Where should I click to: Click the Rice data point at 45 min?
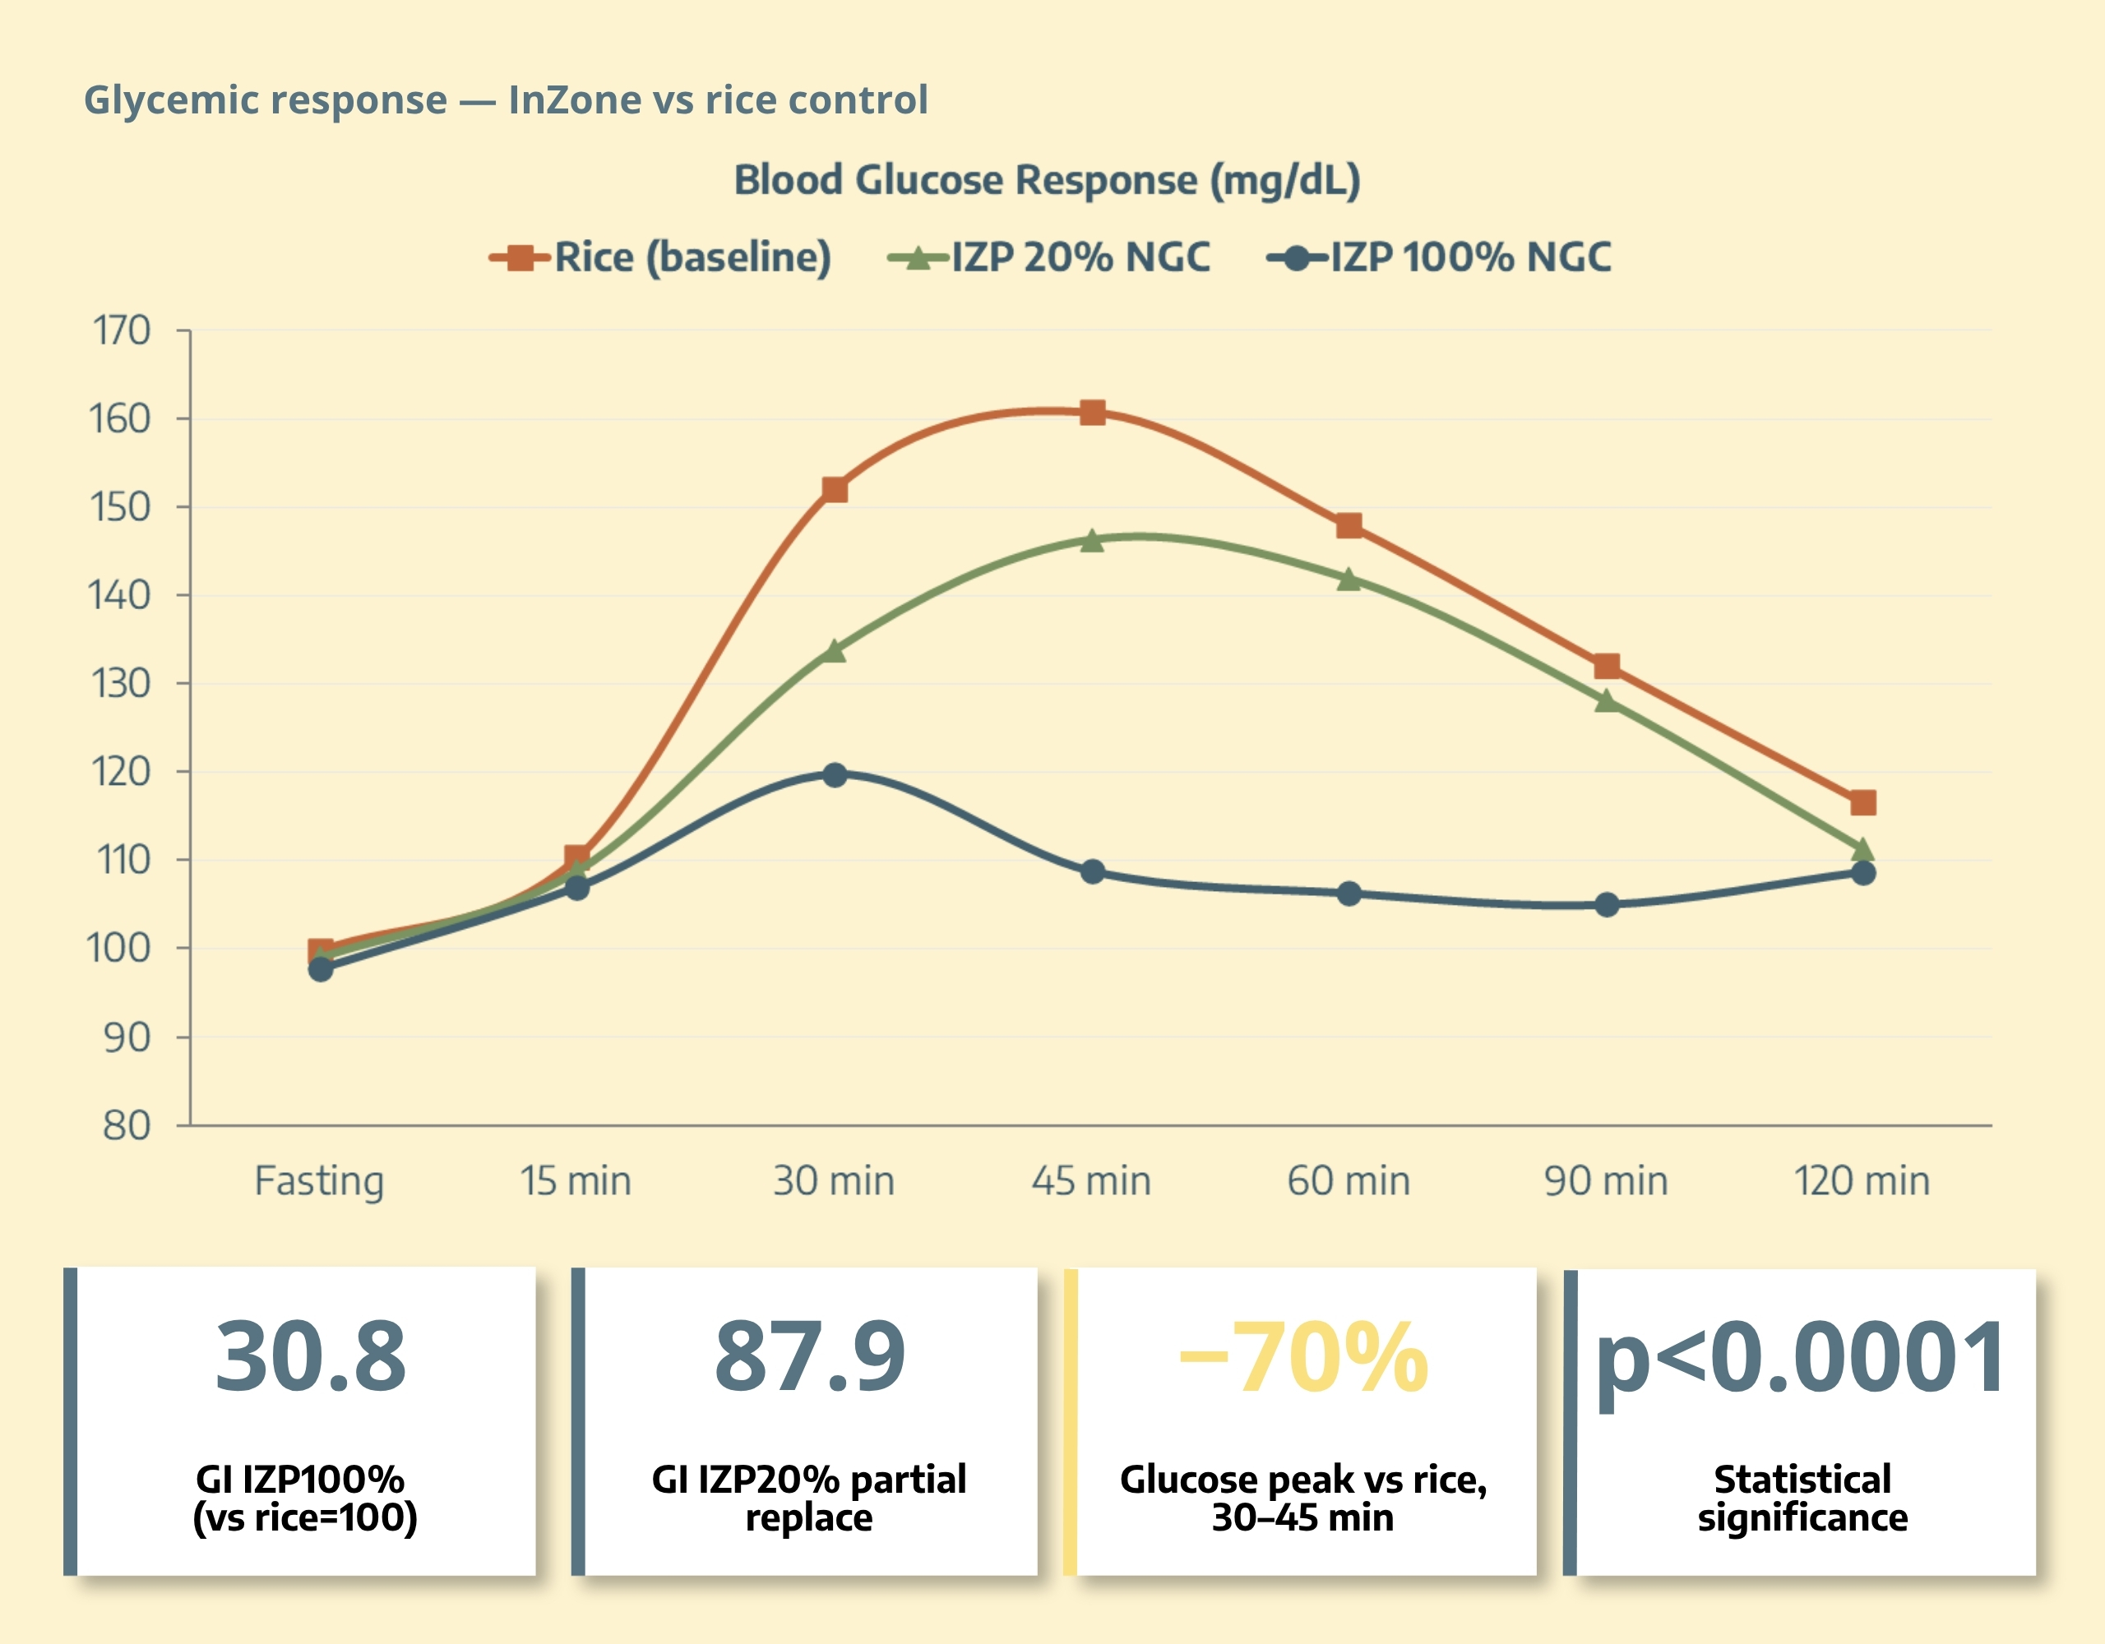tap(1092, 413)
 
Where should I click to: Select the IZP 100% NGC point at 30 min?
tap(835, 775)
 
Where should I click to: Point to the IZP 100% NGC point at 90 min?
tap(1607, 905)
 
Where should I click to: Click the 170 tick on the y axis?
tap(122, 330)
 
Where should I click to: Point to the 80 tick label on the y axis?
tap(127, 1124)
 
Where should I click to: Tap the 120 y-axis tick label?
tap(122, 772)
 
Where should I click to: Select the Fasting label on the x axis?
tap(319, 1180)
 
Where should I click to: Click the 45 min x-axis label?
tap(1091, 1180)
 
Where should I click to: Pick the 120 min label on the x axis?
tap(1862, 1180)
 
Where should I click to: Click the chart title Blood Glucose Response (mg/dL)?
tap(1047, 180)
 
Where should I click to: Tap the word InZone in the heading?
tap(575, 99)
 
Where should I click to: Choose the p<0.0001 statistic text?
tap(1801, 1359)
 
